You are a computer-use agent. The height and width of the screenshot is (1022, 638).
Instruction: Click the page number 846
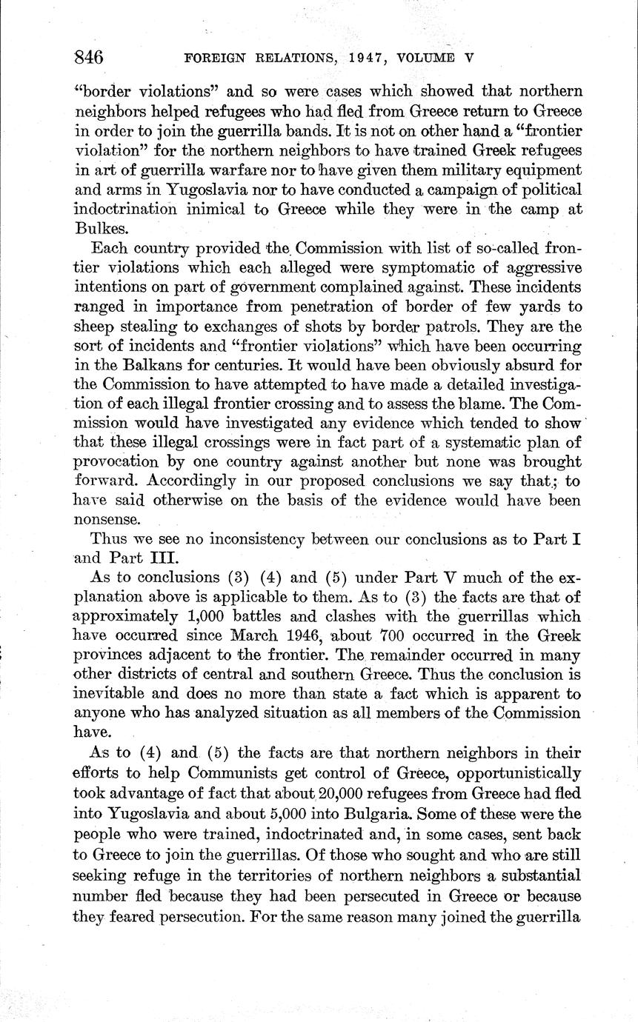[88, 57]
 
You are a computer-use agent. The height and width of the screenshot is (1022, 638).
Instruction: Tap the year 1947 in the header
[365, 58]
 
